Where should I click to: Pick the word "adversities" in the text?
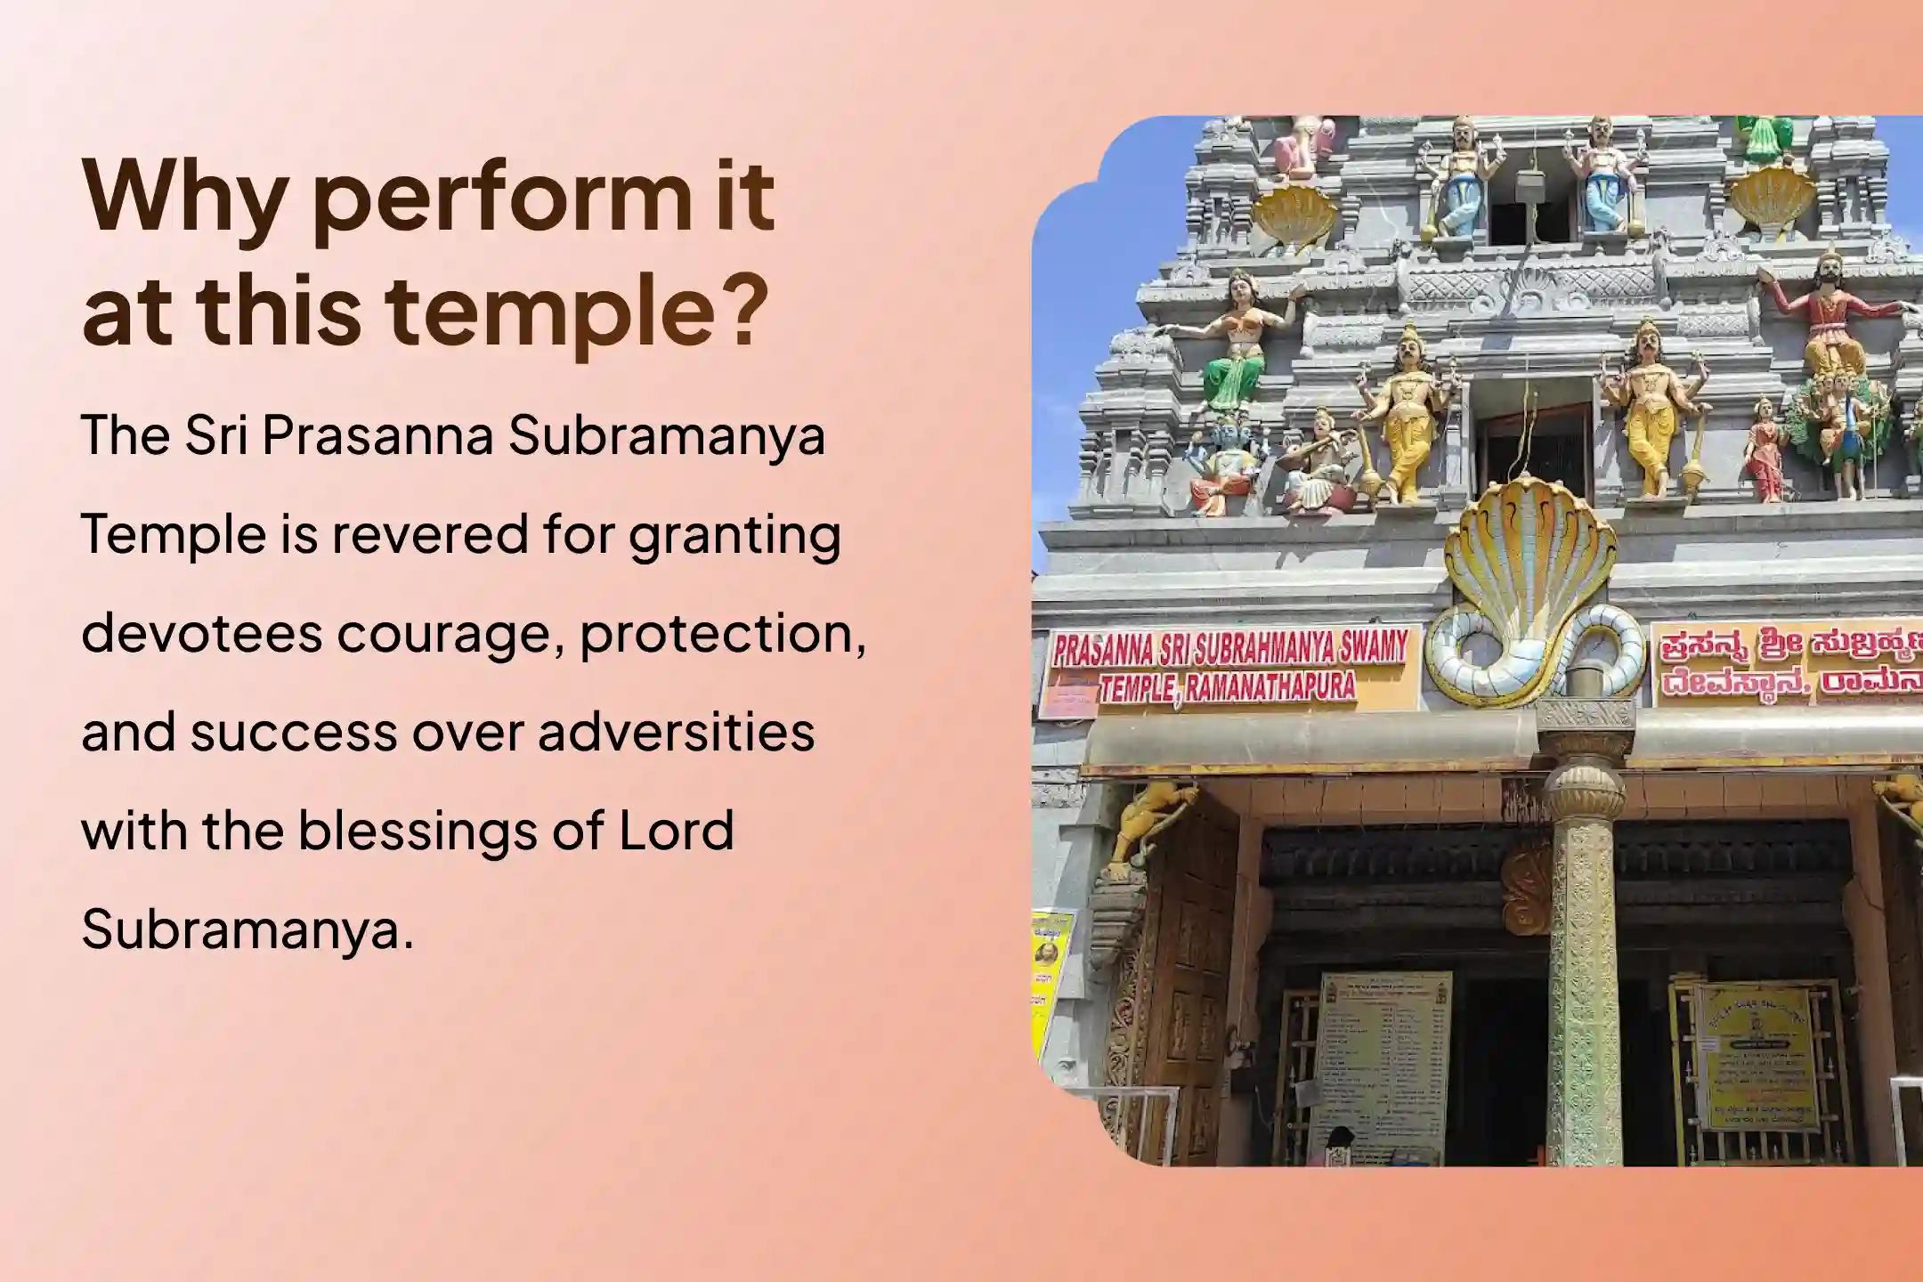tap(677, 733)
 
